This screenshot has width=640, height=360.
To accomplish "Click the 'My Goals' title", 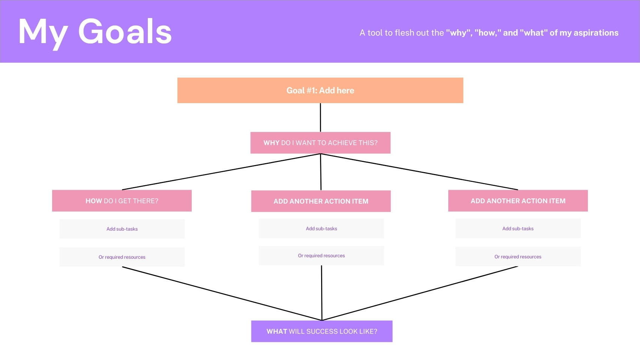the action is coord(95,32).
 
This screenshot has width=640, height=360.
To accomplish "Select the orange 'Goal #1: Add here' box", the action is coord(320,90).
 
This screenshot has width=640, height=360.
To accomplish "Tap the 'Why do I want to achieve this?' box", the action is coord(320,143).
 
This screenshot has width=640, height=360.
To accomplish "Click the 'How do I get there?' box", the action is coord(122,201).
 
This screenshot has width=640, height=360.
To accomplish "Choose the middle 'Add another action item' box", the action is coord(321,201).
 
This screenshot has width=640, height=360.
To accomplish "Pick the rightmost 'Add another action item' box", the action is coord(518,201).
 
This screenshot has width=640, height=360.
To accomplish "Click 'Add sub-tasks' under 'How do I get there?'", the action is coord(122,229).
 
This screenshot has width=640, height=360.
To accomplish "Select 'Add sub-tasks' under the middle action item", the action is coord(322,229).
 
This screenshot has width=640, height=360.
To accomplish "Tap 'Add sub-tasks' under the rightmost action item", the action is coord(518,229).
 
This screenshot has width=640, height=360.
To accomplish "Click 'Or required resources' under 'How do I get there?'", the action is coord(122,257).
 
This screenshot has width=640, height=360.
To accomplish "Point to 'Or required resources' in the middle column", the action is coord(322,256).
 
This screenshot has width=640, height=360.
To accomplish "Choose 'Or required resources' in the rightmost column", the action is coord(518,256).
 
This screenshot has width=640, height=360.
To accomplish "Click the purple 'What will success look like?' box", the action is coord(322,331).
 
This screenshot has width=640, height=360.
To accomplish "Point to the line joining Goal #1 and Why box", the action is coord(320,117).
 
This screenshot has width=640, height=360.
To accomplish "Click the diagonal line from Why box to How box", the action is coord(221,172).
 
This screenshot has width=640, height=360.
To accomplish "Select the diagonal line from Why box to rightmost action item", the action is coord(419,172).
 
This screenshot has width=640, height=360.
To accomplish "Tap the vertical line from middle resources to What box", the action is coord(322,293).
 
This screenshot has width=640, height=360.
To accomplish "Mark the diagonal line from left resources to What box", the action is coord(222,294).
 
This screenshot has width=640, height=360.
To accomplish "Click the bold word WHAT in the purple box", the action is coord(276,331).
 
